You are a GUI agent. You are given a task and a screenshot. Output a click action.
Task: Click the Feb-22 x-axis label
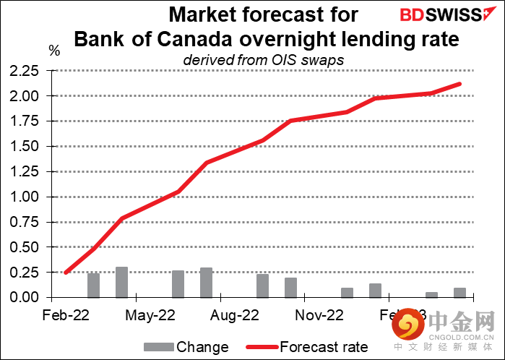point(66,315)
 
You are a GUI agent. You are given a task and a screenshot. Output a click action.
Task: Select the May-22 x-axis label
point(150,315)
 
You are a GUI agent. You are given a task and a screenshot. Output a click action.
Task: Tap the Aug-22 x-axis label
point(235,315)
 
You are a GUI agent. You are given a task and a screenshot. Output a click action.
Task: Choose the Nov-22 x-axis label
point(319,315)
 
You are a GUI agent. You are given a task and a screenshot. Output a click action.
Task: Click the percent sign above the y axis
point(55,51)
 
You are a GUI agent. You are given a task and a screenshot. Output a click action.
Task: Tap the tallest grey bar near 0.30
point(121,283)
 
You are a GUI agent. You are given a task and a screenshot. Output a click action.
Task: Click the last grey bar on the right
point(459,293)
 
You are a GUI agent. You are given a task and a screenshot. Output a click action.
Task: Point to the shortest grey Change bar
point(431,295)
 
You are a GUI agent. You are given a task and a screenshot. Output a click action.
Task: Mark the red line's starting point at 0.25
point(66,273)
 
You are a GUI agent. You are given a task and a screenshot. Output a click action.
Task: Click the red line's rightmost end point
point(460,84)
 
